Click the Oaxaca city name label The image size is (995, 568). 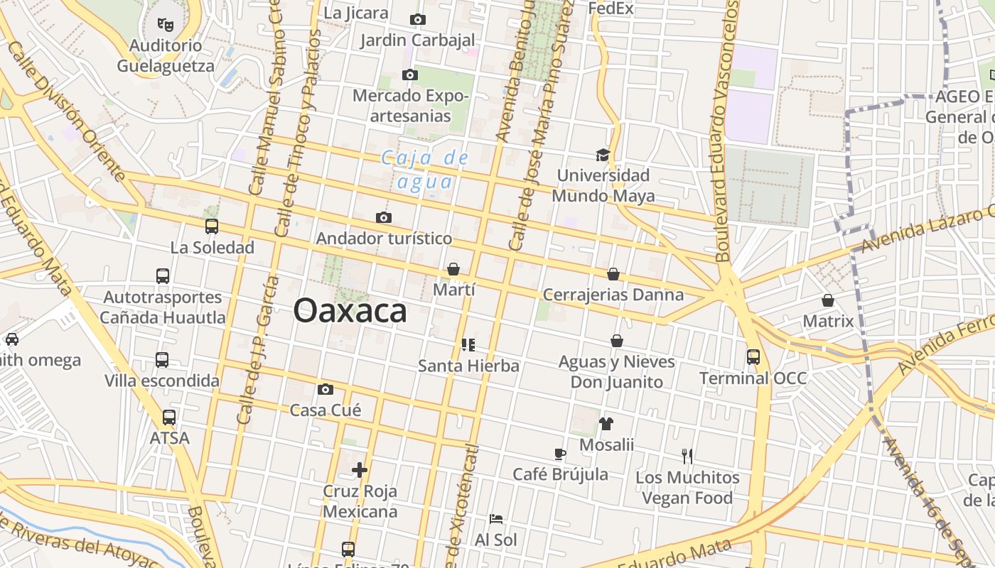pyautogui.click(x=350, y=311)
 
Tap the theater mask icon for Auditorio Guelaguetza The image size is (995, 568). pyautogui.click(x=166, y=25)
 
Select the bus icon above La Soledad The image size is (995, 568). pyautogui.click(x=211, y=226)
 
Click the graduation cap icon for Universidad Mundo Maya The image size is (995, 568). pyautogui.click(x=603, y=155)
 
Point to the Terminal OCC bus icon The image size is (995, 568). pyautogui.click(x=753, y=356)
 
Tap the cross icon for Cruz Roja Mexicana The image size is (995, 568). pyautogui.click(x=360, y=469)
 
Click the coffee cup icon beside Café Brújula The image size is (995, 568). pyautogui.click(x=560, y=454)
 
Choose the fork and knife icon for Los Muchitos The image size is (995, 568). pyautogui.click(x=687, y=456)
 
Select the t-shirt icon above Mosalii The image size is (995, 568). pyautogui.click(x=606, y=424)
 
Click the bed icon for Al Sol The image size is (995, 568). pyautogui.click(x=496, y=519)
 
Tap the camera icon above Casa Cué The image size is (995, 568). pyautogui.click(x=326, y=389)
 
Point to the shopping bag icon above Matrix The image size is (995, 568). pyautogui.click(x=827, y=300)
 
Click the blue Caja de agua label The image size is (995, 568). pyautogui.click(x=425, y=170)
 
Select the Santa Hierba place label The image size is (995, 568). pyautogui.click(x=468, y=366)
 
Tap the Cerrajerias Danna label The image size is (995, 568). pyautogui.click(x=613, y=295)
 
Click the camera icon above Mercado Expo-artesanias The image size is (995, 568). pyautogui.click(x=409, y=75)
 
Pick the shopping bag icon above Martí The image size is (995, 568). pyautogui.click(x=453, y=269)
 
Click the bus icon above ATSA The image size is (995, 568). pyautogui.click(x=168, y=417)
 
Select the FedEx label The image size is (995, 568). pyautogui.click(x=611, y=9)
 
